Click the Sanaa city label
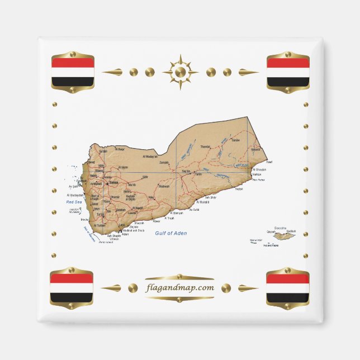(113, 183)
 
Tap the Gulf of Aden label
(171, 233)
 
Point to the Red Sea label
(74, 202)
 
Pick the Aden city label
(125, 235)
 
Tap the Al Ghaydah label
(259, 169)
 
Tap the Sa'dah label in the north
(103, 151)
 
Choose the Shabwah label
(164, 186)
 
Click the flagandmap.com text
(179, 288)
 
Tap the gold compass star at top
(180, 72)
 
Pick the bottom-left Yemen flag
(72, 288)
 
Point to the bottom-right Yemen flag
(287, 288)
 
